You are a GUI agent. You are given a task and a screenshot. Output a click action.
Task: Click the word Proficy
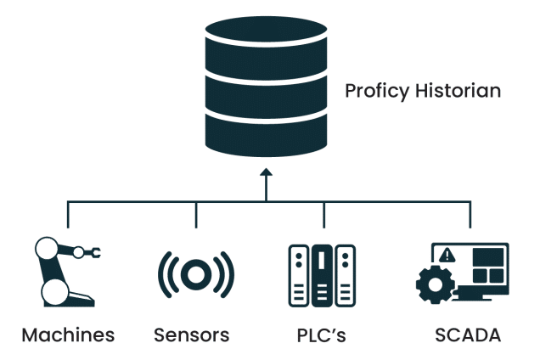tap(371, 91)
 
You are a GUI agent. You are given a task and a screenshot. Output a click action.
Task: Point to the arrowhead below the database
tap(266, 172)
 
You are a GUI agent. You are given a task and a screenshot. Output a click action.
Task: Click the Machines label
tap(67, 335)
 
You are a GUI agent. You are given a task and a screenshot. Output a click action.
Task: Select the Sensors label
tap(192, 335)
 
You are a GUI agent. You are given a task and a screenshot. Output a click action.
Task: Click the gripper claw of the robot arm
tap(96, 252)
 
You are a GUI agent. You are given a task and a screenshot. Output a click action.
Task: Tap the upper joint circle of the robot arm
tap(47, 250)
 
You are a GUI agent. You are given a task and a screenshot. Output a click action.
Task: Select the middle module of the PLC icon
tap(321, 273)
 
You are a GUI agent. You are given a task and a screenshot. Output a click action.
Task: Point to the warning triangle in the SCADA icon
tap(449, 255)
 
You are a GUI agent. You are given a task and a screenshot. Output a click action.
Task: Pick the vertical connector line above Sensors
tap(196, 216)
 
